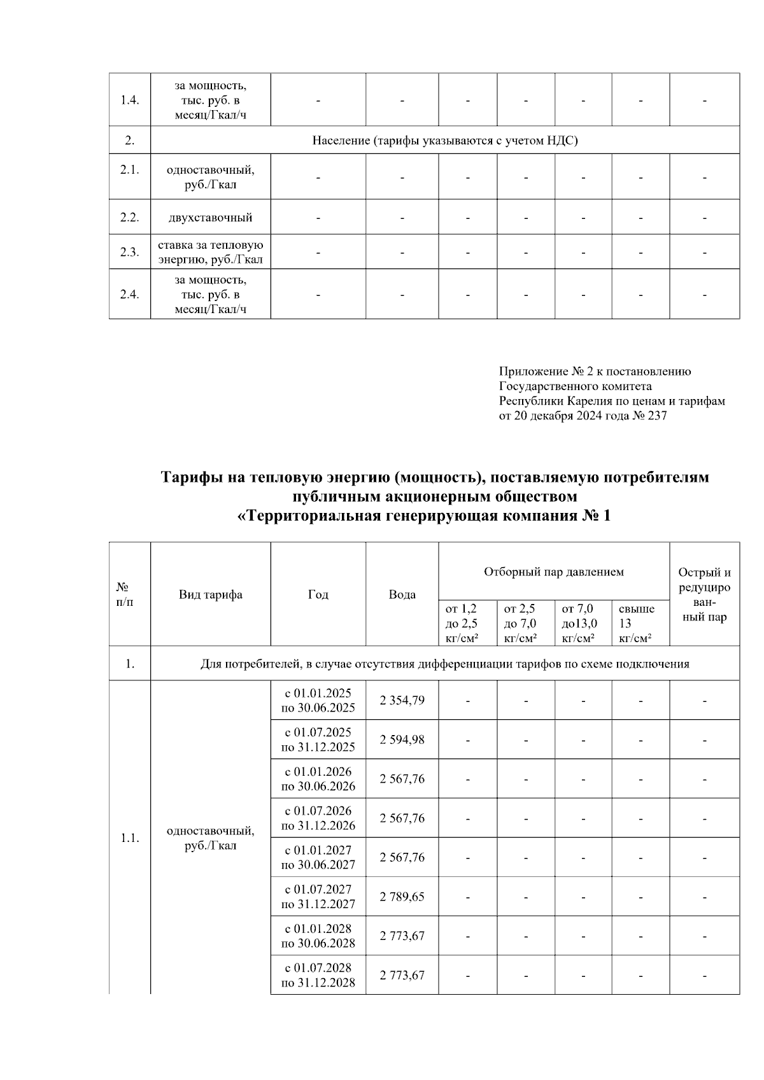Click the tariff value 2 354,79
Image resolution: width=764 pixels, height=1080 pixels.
pyautogui.click(x=402, y=701)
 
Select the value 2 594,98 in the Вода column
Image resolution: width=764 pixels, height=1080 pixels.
pyautogui.click(x=402, y=740)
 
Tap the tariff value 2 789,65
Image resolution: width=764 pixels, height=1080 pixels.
pyautogui.click(x=402, y=897)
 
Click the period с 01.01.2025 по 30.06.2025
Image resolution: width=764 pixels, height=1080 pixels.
pyautogui.click(x=318, y=701)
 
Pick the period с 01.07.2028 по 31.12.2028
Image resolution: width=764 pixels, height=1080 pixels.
pyautogui.click(x=318, y=975)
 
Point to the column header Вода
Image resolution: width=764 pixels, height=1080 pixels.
pyautogui.click(x=402, y=594)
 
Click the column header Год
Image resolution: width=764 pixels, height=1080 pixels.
pyautogui.click(x=318, y=594)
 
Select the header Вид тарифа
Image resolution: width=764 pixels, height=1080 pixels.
pyautogui.click(x=211, y=594)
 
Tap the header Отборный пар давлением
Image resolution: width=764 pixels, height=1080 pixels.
pyautogui.click(x=554, y=572)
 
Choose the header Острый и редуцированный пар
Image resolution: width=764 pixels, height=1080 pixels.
pyautogui.click(x=704, y=594)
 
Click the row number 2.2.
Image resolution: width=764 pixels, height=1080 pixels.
pyautogui.click(x=130, y=218)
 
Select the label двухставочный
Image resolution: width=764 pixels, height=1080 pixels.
pyautogui.click(x=211, y=218)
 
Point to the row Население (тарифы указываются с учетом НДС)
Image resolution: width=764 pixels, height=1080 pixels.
pyautogui.click(x=445, y=141)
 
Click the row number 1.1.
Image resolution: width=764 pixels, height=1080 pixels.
pyautogui.click(x=130, y=838)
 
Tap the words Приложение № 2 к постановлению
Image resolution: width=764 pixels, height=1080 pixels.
pyautogui.click(x=595, y=372)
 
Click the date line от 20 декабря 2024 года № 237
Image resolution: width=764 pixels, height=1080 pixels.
pyautogui.click(x=583, y=416)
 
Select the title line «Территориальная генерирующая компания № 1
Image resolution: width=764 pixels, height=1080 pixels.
pyautogui.click(x=423, y=516)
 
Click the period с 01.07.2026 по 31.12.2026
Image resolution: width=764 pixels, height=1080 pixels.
pyautogui.click(x=318, y=818)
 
